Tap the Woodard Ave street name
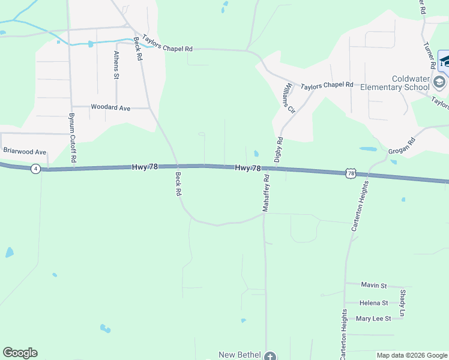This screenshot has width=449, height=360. (x=110, y=107)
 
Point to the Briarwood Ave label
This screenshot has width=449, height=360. (x=25, y=152)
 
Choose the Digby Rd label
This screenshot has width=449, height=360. (x=279, y=150)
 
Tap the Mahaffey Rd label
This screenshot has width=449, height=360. (x=266, y=193)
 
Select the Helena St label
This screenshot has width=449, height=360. (x=373, y=303)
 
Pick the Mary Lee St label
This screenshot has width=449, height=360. (x=373, y=319)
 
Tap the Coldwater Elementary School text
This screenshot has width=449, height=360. (x=395, y=83)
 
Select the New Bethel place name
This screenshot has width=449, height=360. (x=240, y=355)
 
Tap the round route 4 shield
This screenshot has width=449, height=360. (x=36, y=169)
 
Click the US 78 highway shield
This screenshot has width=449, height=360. (x=351, y=173)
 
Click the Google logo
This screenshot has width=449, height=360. (x=20, y=353)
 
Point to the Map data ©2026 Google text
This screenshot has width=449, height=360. (x=411, y=355)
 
